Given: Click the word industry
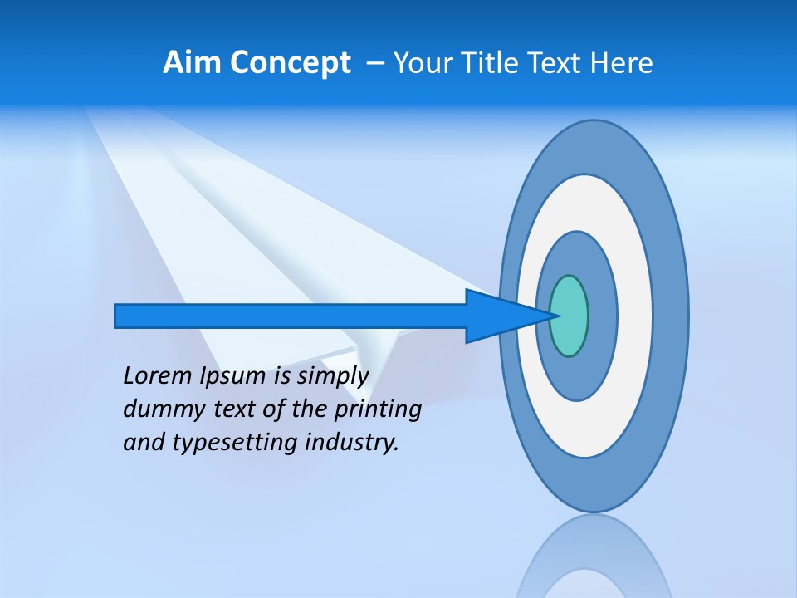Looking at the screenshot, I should click(352, 443).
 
